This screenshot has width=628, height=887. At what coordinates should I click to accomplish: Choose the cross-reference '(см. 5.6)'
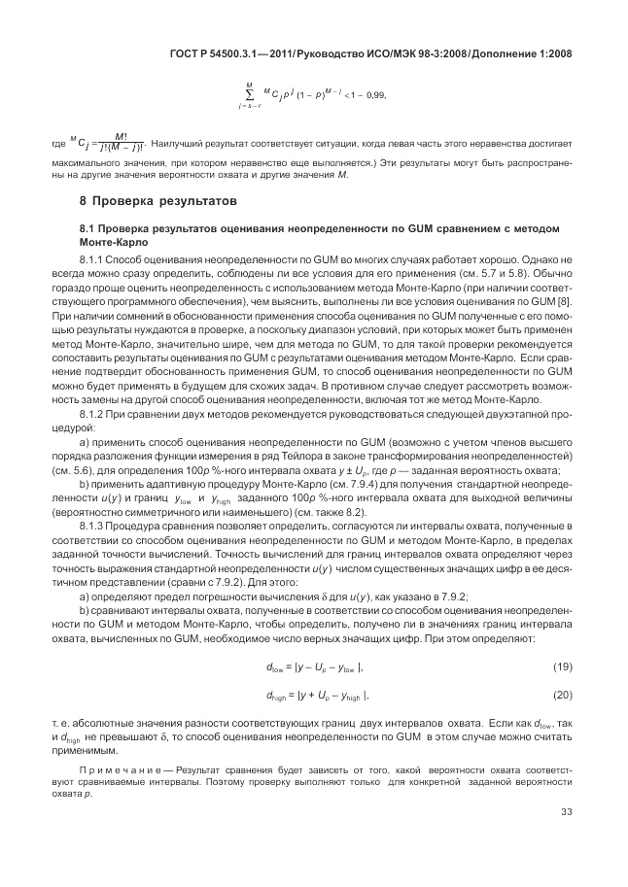[x=97, y=469]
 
